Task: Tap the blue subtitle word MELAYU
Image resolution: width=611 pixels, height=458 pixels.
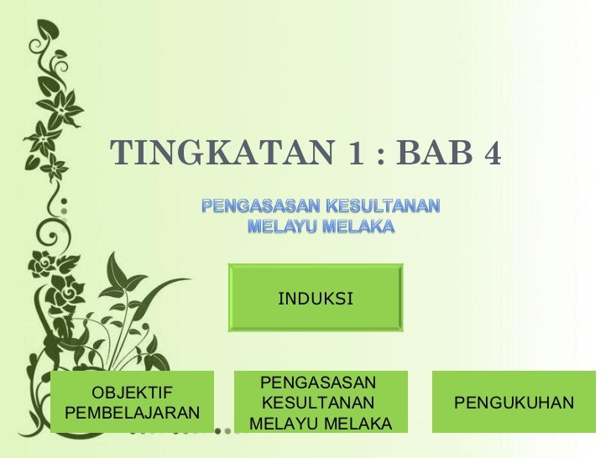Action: pos(281,226)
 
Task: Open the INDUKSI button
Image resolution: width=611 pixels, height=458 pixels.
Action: pos(316,298)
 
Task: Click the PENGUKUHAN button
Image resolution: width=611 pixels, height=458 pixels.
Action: pos(514,403)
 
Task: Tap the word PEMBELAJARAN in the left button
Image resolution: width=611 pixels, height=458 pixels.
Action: pos(132,414)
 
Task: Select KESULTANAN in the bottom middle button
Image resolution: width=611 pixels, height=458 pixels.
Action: pos(318,403)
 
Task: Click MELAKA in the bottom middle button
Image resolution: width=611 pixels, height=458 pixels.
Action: pos(358,424)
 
